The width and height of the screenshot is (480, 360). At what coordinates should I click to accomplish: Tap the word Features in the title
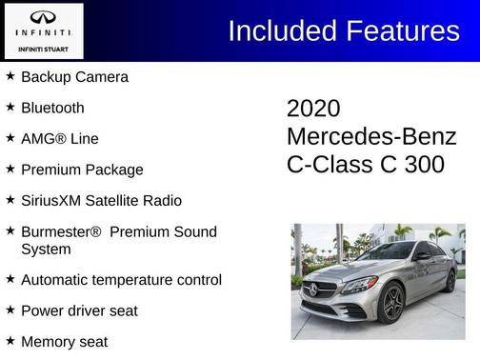coord(400,31)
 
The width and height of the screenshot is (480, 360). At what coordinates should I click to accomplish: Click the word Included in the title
coord(281,31)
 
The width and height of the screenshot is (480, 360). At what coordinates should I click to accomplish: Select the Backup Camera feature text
coord(74,77)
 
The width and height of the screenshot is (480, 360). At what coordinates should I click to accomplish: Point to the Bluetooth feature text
coord(52,108)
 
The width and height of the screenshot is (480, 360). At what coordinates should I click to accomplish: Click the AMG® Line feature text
coord(59,139)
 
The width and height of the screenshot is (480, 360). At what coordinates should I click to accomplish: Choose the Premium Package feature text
coord(82,170)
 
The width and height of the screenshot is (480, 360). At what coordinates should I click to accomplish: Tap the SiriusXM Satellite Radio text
coord(101,201)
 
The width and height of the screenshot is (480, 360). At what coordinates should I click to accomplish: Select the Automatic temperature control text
coord(121,280)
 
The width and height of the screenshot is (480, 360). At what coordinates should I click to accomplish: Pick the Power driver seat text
coord(79,310)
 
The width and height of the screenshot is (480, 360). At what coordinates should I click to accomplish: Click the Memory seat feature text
coord(64,341)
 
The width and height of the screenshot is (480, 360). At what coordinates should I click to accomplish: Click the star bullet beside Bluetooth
coord(10,107)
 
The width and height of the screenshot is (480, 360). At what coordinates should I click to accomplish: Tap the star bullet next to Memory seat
coord(10,340)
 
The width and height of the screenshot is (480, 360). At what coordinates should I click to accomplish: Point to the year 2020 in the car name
coord(313,109)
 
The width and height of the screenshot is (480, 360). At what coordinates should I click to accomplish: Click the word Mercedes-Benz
coord(371,136)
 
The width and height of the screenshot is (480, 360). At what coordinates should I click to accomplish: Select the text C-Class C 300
coord(366,164)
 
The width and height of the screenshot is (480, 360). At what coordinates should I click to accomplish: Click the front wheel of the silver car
coord(390,304)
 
